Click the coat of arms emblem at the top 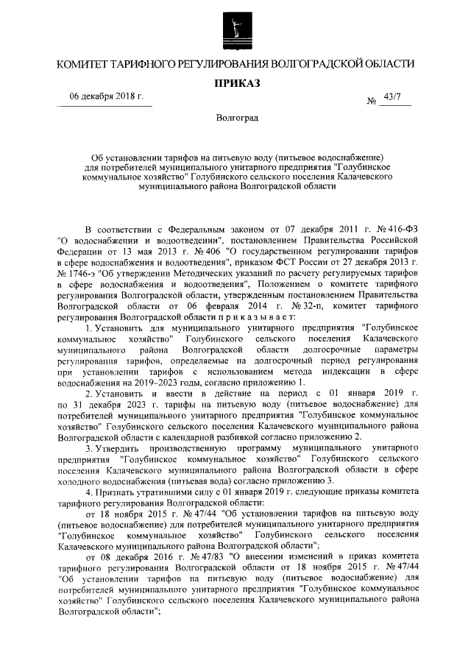[x=235, y=27]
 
